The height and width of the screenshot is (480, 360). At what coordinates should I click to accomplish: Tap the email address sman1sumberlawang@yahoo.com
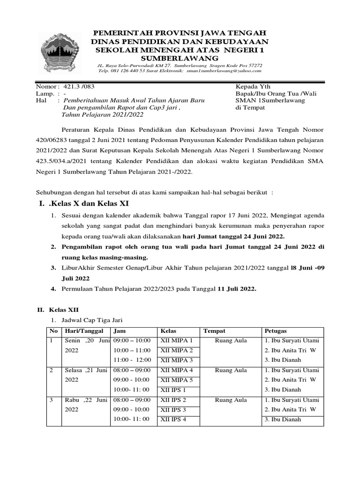(x=224, y=71)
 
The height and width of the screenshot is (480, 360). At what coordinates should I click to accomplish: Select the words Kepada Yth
(x=253, y=87)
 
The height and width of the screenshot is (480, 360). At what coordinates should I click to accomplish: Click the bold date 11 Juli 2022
(x=237, y=289)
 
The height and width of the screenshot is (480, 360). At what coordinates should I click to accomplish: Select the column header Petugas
(x=276, y=331)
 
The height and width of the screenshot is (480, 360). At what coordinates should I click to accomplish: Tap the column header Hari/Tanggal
(x=81, y=331)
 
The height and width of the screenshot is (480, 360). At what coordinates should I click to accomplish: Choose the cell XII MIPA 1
(x=177, y=341)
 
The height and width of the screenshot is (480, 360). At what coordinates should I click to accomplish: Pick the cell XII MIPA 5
(x=177, y=380)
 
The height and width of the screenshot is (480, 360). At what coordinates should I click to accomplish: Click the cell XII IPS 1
(x=173, y=390)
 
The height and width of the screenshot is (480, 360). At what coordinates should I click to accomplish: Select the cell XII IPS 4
(x=173, y=419)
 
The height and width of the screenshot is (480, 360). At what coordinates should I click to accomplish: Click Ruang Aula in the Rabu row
(x=231, y=400)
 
